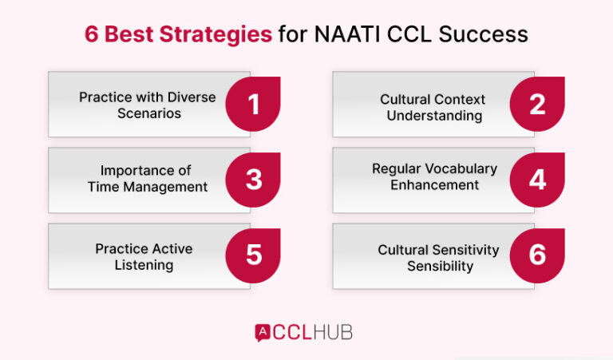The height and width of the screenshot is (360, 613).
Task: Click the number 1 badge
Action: [254, 104]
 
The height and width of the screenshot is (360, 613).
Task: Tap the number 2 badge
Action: [537, 104]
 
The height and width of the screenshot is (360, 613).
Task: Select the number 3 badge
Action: [254, 179]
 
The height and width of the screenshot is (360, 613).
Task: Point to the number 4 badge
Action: [537, 179]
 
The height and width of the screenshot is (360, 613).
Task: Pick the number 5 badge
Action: [254, 255]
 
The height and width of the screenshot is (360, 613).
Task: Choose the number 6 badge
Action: [537, 255]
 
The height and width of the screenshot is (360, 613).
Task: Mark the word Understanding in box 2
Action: [434, 116]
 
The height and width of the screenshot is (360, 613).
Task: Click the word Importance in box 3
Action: [129, 170]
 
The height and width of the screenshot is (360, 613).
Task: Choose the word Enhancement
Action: [434, 185]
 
